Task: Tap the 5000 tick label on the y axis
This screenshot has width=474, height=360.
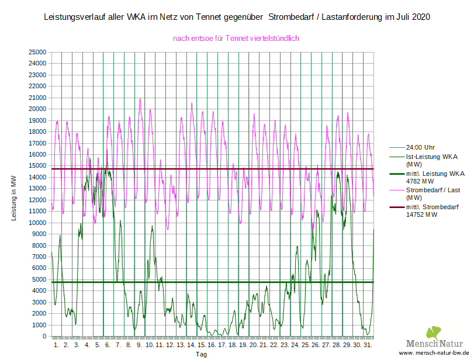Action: tap(39, 280)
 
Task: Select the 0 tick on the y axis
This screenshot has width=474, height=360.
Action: tap(44, 337)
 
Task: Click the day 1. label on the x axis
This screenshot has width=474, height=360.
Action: tap(57, 345)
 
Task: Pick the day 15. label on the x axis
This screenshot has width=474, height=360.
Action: tap(201, 345)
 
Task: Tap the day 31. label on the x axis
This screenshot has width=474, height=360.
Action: tap(367, 345)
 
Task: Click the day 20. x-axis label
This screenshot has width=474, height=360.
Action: tap(253, 345)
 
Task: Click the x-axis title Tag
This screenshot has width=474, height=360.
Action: tap(201, 354)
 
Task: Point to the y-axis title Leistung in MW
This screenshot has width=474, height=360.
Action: tap(13, 198)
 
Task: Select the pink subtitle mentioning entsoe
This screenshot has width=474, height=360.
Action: tap(236, 38)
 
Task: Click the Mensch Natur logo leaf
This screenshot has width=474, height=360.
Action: tap(434, 334)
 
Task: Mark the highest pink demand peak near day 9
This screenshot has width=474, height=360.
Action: tap(140, 99)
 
